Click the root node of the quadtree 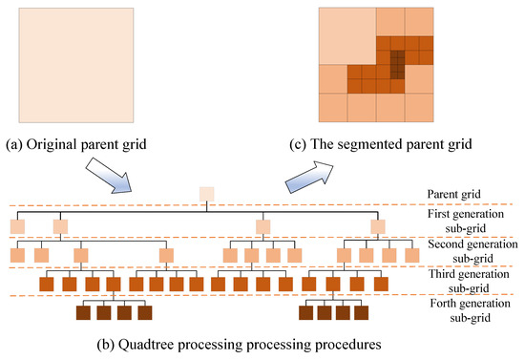(x=206, y=194)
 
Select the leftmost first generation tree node (x=17, y=226)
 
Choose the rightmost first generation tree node (x=379, y=226)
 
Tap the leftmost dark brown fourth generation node (x=83, y=312)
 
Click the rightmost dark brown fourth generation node (x=363, y=312)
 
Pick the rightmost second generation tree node (x=411, y=255)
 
